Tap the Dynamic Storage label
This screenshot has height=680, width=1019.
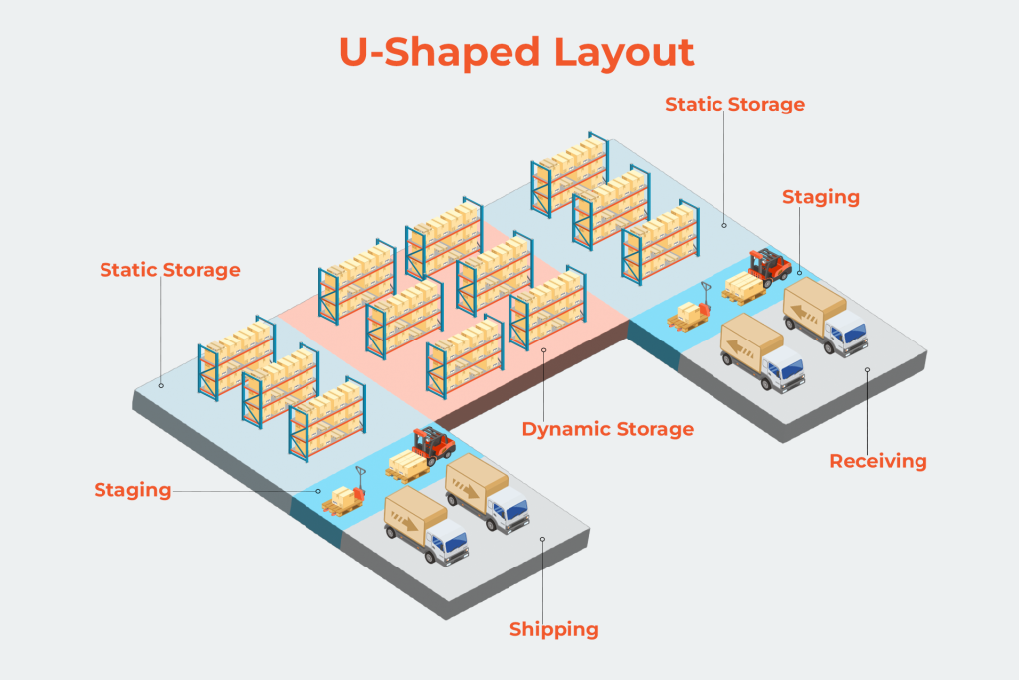[607, 429]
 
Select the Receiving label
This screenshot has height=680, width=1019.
[878, 461]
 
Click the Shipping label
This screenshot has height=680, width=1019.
[554, 629]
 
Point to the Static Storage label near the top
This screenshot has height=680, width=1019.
[734, 104]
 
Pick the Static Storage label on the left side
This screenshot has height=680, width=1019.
[170, 270]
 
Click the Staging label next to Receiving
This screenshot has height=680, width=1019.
[821, 197]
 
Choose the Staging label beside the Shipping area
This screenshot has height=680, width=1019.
[132, 490]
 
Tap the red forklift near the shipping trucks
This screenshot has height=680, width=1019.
[434, 444]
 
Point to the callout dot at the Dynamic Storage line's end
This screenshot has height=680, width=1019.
[543, 349]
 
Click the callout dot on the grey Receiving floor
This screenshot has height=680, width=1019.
[867, 370]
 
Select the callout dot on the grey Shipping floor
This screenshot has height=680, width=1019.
[542, 540]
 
